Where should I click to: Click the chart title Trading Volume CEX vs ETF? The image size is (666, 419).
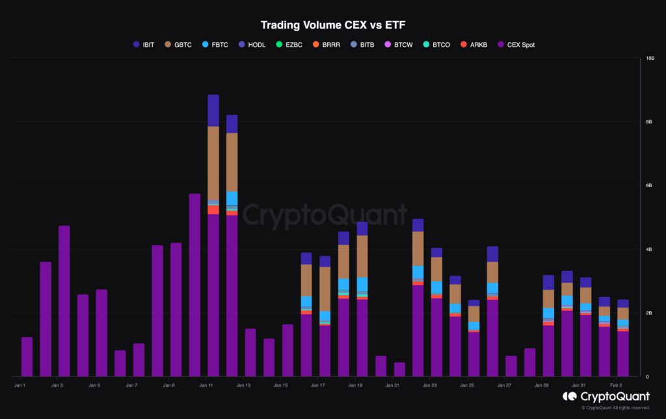point(332,25)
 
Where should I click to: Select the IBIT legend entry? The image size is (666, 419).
point(143,45)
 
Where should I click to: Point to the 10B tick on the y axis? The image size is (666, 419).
point(650,58)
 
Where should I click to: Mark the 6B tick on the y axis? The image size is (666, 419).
point(648,186)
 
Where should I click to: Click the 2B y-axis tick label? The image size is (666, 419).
point(648,313)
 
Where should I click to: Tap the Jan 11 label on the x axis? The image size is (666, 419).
point(206,386)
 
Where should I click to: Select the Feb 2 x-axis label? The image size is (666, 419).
point(615,386)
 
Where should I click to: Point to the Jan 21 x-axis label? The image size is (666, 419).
point(392,386)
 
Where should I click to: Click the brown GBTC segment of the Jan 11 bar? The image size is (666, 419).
point(213,162)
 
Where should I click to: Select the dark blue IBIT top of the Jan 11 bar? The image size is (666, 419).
point(213,110)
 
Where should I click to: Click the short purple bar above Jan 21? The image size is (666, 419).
point(399,370)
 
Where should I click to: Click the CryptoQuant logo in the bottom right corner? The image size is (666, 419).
point(606,396)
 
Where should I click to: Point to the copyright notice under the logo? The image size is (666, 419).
point(615,408)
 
